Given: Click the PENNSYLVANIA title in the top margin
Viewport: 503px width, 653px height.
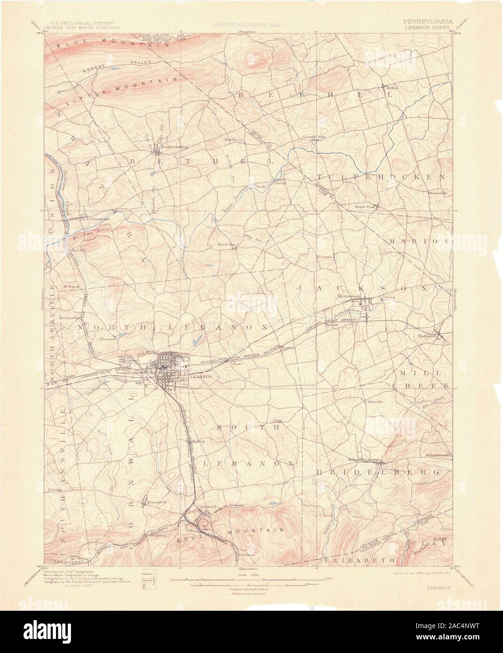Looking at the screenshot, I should (426, 22).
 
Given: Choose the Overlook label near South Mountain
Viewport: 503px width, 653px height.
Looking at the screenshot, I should (245, 554).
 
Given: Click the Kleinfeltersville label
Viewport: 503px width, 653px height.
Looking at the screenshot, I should (438, 455).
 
